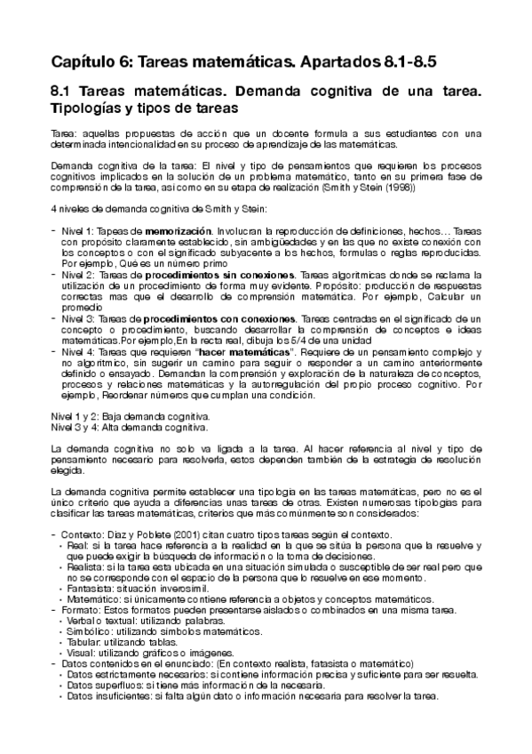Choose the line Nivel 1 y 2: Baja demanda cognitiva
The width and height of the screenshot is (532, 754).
tap(127, 416)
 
